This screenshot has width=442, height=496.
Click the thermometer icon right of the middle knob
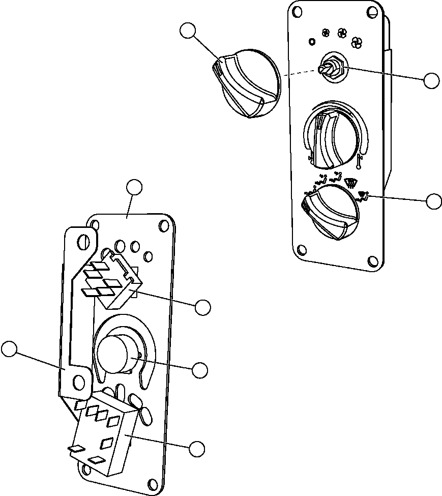click(360, 161)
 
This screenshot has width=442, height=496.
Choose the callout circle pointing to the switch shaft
click(432, 80)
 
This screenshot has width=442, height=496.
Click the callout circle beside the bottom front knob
click(434, 201)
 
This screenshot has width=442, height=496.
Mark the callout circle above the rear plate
click(134, 187)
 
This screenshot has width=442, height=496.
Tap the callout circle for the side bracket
click(9, 349)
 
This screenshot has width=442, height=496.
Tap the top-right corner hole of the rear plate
click(164, 225)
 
